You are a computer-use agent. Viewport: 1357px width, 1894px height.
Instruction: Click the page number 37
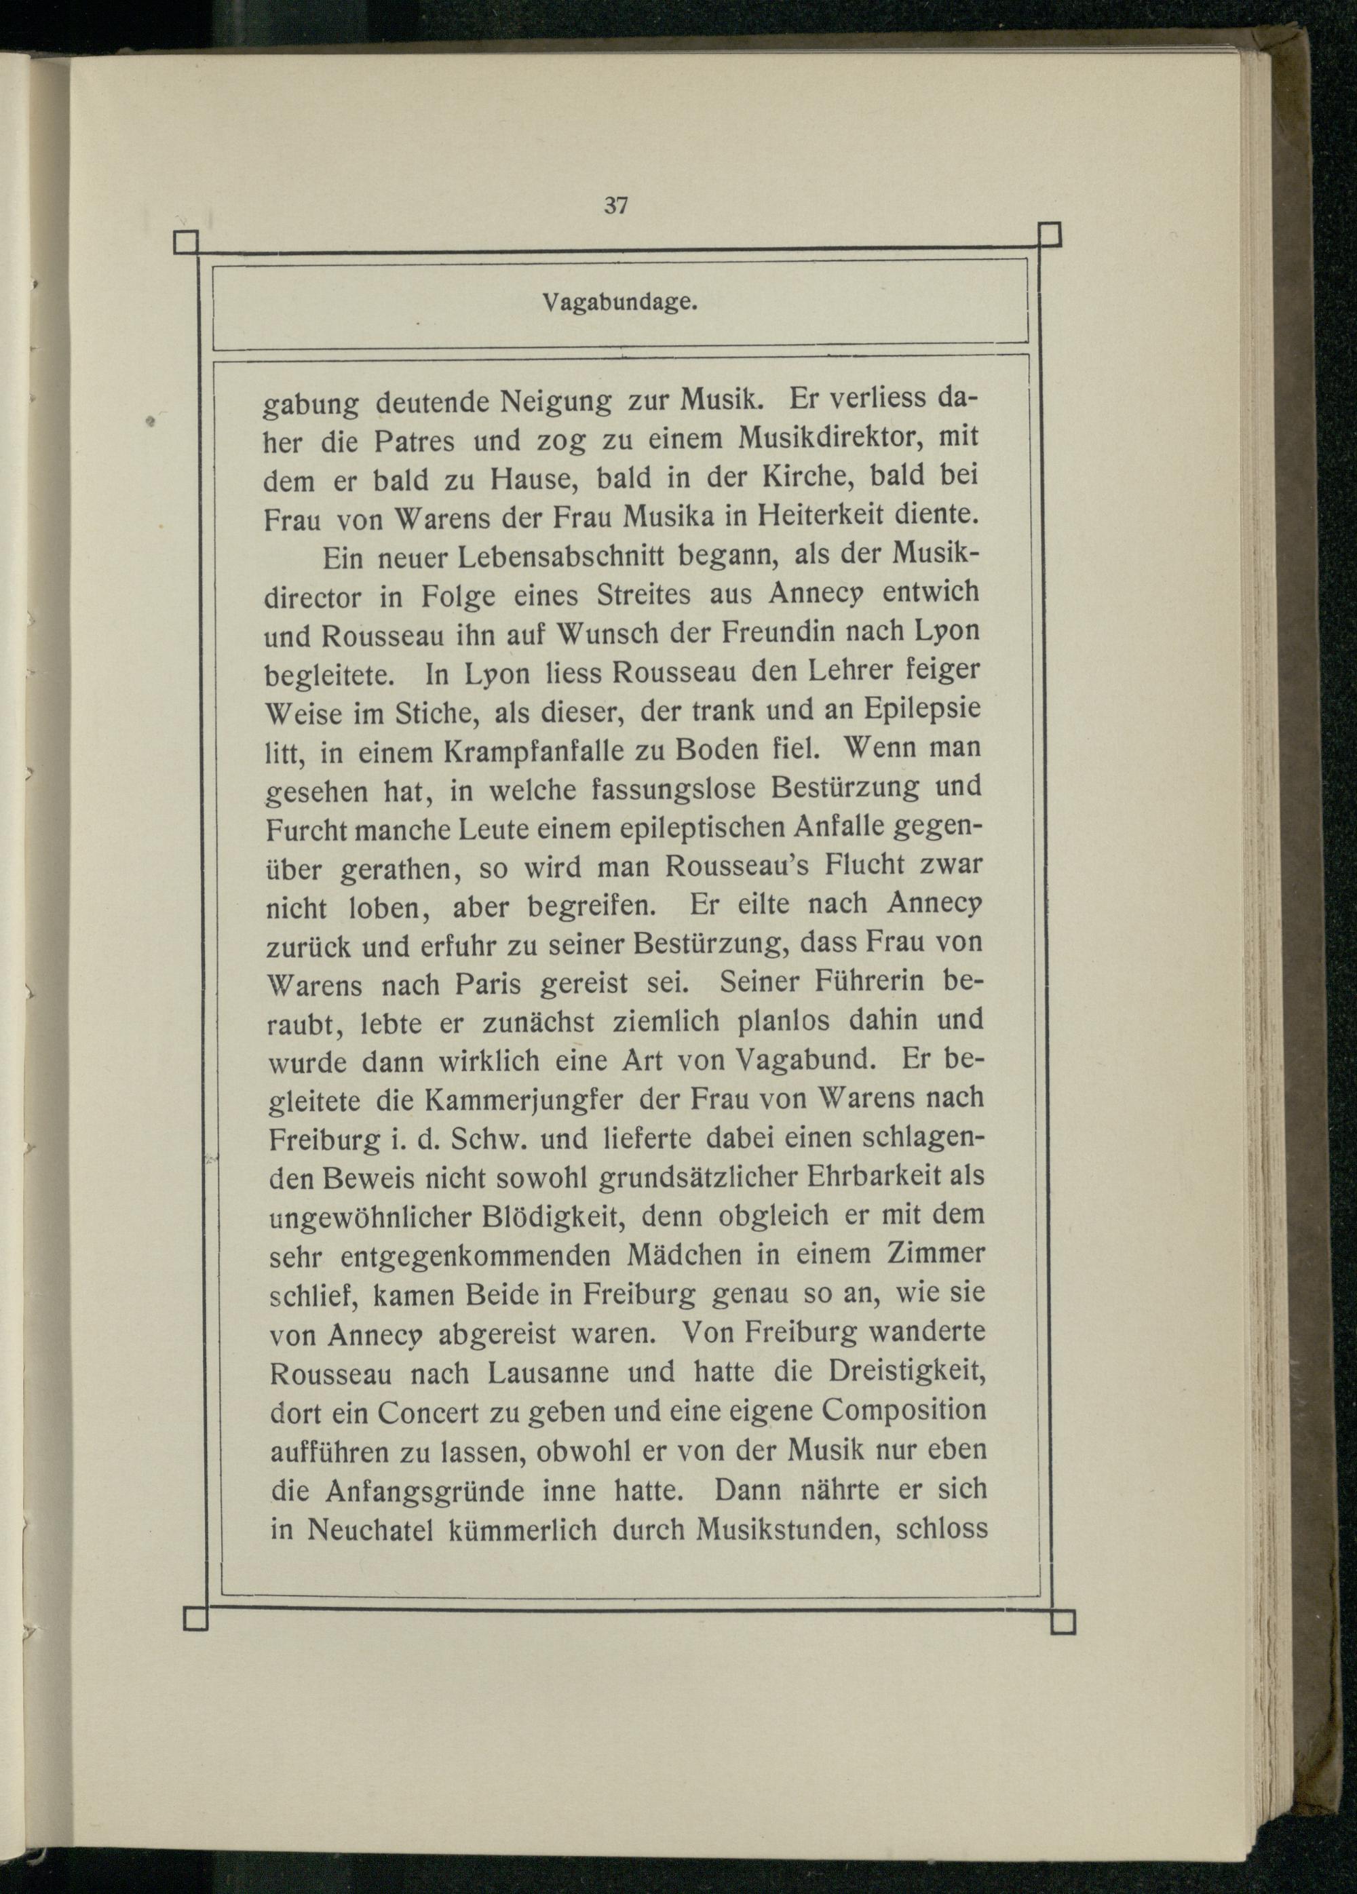coord(615,206)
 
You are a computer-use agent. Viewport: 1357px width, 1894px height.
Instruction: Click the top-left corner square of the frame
coord(185,243)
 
